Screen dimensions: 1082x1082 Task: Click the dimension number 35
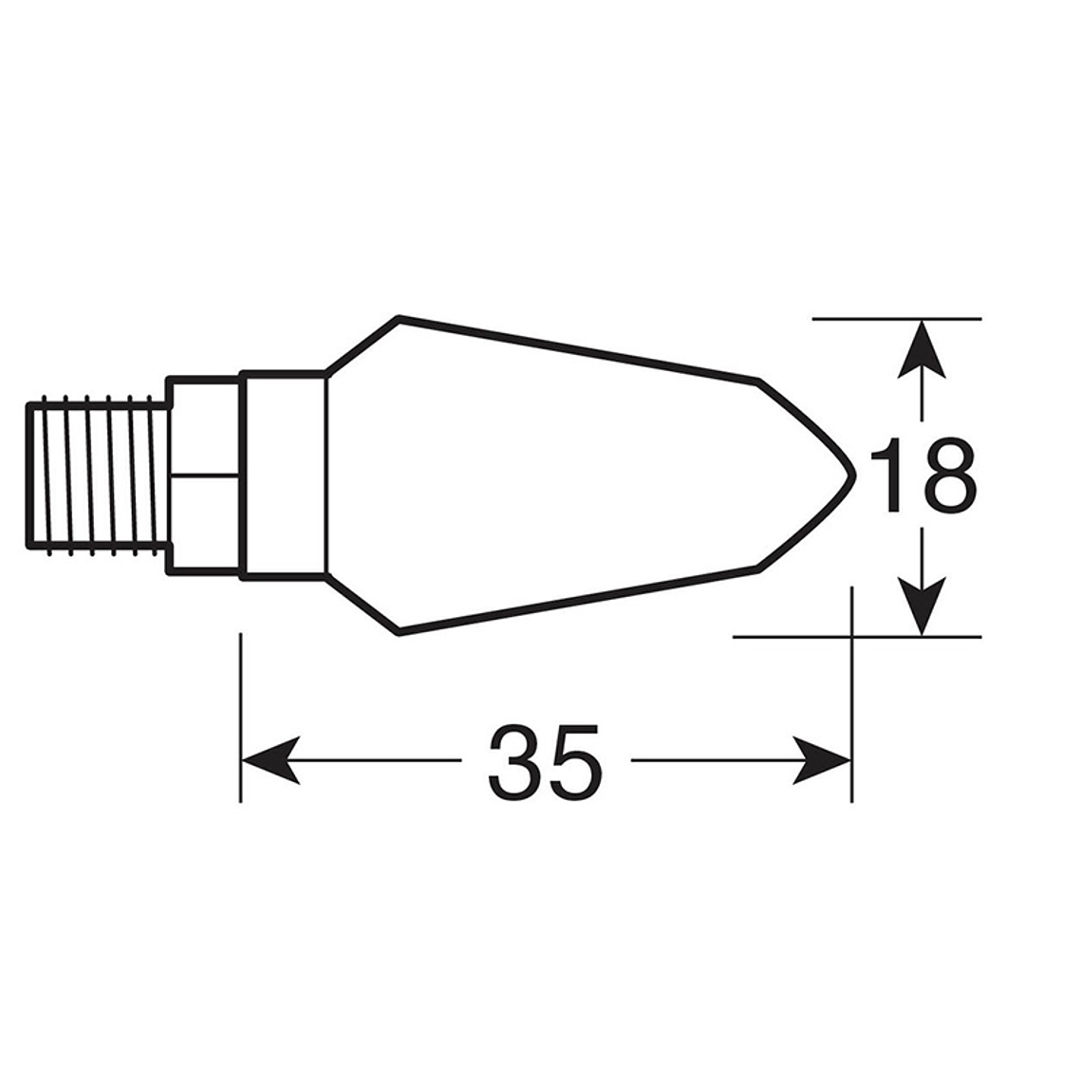545,762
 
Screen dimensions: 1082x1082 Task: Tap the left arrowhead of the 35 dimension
270,759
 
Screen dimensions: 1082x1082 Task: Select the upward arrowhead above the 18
922,351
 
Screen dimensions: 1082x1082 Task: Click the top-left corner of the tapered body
400,317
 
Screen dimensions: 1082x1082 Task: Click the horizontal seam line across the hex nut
203,474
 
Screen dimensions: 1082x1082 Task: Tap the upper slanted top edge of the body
579,348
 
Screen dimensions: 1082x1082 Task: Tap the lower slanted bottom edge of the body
579,601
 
